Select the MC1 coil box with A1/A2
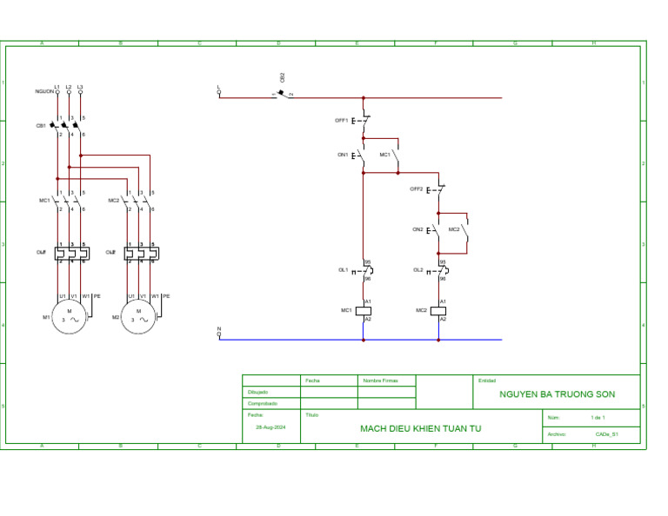tap(366, 310)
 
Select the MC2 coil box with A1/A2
tap(440, 310)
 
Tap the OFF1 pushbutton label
tap(341, 121)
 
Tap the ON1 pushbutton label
tap(342, 155)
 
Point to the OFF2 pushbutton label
tap(417, 189)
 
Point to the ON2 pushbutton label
tap(417, 229)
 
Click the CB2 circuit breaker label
tap(282, 77)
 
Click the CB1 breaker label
tap(40, 125)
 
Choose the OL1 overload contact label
tap(343, 270)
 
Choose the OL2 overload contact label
tap(417, 270)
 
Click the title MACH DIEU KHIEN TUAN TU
tap(420, 428)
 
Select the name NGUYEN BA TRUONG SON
tap(557, 394)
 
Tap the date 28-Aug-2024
tap(271, 427)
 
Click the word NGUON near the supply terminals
tap(43, 91)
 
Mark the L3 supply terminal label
tap(80, 86)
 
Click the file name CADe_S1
tap(606, 433)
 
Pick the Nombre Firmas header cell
tap(380, 380)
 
